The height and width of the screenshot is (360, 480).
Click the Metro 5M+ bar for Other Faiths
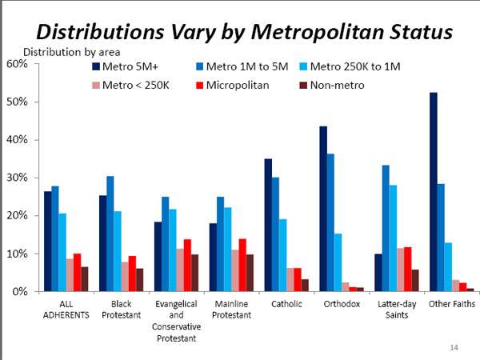(433, 192)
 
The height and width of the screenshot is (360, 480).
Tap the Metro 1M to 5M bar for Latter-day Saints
(386, 228)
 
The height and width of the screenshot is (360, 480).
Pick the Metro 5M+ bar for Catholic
(268, 225)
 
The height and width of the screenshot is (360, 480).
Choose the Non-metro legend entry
(337, 84)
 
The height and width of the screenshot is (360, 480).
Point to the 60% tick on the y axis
(18, 64)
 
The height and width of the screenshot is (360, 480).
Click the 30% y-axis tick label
(18, 178)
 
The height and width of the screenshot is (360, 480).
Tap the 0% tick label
(20, 291)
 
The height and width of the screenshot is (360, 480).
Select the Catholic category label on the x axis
(286, 304)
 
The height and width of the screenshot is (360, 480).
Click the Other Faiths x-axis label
(451, 304)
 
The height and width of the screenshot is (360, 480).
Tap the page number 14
(454, 347)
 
